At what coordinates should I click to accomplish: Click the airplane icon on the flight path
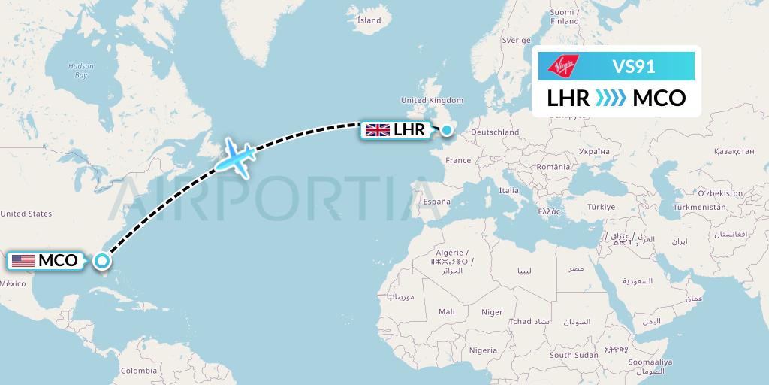[x=236, y=158]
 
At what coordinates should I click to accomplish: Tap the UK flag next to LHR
[x=377, y=130]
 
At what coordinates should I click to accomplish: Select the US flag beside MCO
[x=23, y=261]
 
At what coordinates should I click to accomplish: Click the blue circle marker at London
[x=447, y=130]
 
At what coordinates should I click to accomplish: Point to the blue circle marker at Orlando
[x=101, y=262]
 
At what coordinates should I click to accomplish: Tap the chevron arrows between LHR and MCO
[x=611, y=99]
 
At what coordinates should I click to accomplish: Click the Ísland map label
[x=369, y=20]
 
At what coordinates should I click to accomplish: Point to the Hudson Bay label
[x=80, y=71]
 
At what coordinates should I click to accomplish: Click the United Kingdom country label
[x=432, y=101]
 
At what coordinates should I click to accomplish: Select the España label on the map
[x=436, y=202]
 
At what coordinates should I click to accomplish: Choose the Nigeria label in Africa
[x=483, y=350]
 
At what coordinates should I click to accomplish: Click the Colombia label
[x=139, y=370]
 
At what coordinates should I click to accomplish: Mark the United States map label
[x=26, y=214]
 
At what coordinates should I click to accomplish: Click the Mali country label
[x=447, y=311]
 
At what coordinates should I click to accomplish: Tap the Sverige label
[x=516, y=39]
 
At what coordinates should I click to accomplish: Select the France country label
[x=458, y=160]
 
